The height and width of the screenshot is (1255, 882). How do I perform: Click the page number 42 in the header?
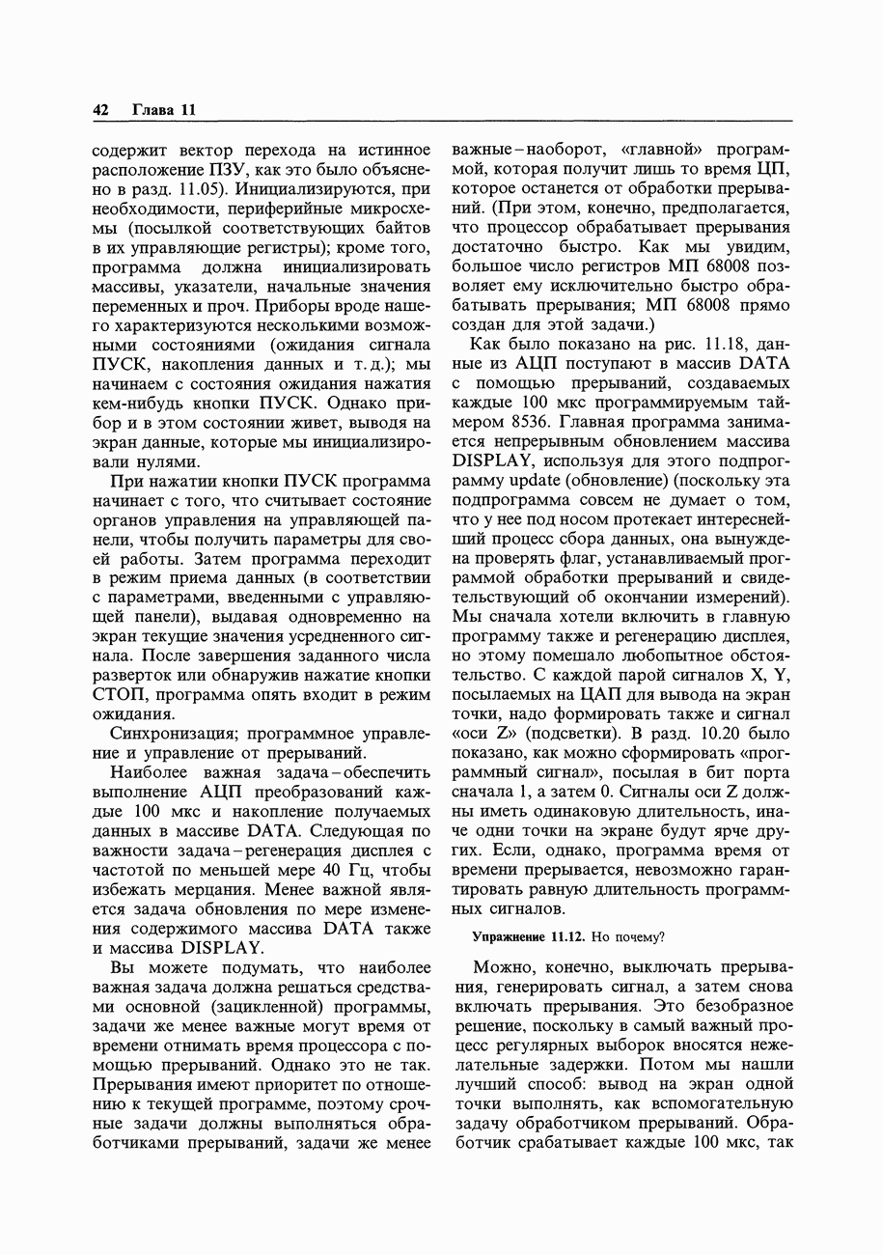(100, 110)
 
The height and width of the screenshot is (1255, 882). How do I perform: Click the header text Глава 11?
(163, 110)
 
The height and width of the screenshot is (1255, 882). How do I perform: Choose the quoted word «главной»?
(666, 150)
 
